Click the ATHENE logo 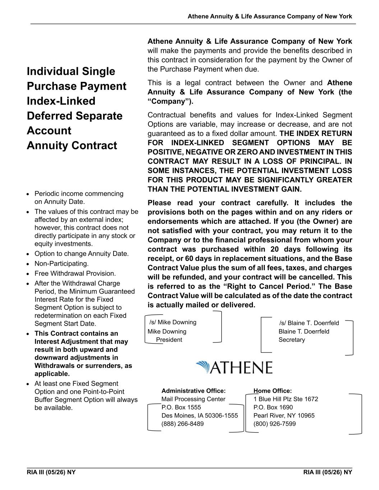point(234,368)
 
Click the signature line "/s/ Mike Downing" point(173,322)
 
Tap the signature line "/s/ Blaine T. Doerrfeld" point(309,323)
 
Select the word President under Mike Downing point(169,340)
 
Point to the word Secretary point(292,340)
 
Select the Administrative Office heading point(194,391)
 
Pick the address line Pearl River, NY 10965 point(284,416)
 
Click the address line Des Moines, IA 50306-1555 point(200,416)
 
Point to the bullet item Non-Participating point(61,264)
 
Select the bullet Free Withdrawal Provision point(75,274)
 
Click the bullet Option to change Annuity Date point(81,254)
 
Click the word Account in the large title point(49,131)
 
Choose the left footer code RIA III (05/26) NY point(51,472)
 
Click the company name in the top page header point(270,17)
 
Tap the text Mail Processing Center point(193,399)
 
